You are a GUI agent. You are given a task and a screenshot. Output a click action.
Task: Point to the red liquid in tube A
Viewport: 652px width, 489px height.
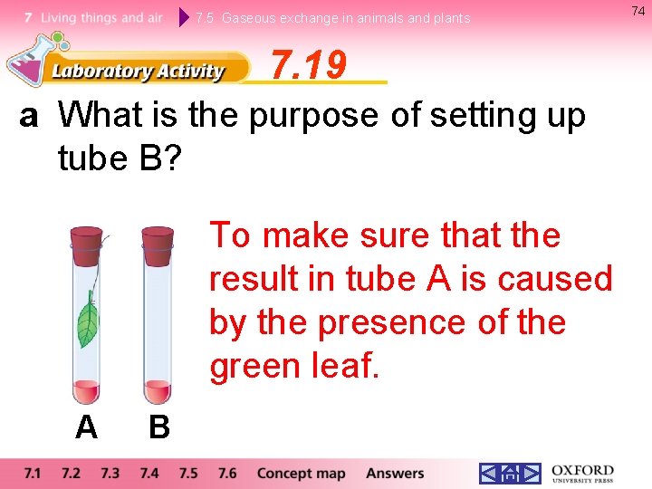point(87,391)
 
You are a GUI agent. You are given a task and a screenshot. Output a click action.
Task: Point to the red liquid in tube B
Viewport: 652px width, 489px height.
point(158,391)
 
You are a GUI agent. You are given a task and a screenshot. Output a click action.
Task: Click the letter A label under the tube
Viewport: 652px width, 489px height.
point(86,427)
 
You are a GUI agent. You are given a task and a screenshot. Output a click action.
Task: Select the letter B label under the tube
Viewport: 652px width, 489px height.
point(158,427)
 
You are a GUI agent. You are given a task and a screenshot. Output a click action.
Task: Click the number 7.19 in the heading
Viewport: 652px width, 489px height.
point(309,65)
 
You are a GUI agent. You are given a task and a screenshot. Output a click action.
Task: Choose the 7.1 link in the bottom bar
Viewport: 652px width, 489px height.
point(33,474)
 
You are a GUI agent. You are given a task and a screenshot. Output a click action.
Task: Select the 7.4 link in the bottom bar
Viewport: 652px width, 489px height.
point(149,474)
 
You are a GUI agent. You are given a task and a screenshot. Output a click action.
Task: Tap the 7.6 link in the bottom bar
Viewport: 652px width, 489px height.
point(226,474)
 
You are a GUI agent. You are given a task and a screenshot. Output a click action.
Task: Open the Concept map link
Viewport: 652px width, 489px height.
point(301,474)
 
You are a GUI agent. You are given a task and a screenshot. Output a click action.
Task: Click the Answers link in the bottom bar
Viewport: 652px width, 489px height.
point(395,474)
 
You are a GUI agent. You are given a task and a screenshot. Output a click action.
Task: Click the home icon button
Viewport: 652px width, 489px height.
point(510,474)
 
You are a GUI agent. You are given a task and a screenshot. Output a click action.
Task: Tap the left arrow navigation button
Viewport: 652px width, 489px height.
point(489,474)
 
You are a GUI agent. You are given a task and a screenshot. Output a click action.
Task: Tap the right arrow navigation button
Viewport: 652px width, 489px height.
point(531,474)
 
